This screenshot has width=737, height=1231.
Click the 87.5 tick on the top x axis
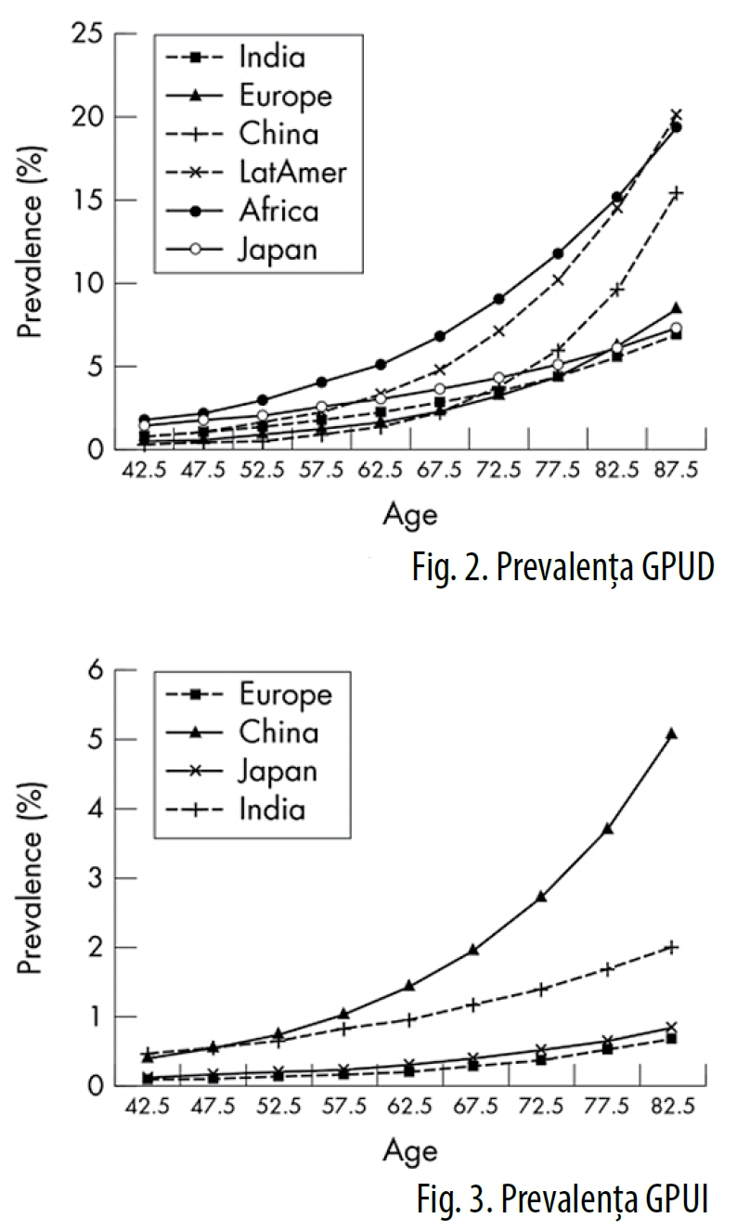[x=676, y=472]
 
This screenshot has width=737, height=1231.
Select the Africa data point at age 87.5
[x=677, y=127]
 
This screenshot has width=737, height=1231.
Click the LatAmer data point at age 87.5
[x=676, y=115]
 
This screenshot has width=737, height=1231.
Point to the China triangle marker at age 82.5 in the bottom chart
[x=671, y=733]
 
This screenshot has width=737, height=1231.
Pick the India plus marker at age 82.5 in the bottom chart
[x=671, y=947]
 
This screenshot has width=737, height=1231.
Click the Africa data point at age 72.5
[x=498, y=299]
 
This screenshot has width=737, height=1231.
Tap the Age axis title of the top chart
[x=409, y=513]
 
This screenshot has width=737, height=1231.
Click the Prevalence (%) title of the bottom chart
[x=33, y=878]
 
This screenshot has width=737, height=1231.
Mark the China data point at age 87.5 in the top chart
[x=676, y=193]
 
